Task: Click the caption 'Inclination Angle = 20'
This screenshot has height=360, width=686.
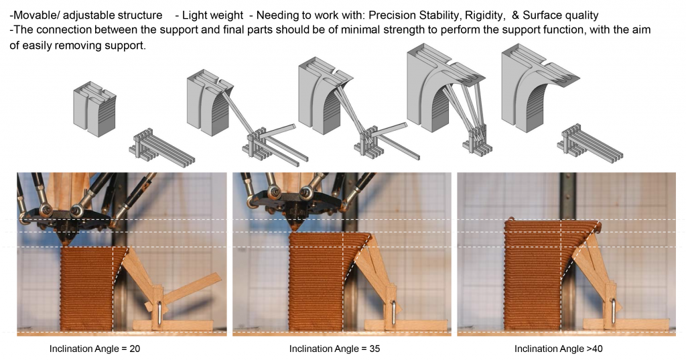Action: [94, 349]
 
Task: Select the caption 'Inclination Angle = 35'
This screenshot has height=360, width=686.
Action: [335, 349]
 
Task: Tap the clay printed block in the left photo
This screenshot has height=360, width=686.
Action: [87, 288]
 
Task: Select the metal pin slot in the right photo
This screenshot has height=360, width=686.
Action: [612, 312]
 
